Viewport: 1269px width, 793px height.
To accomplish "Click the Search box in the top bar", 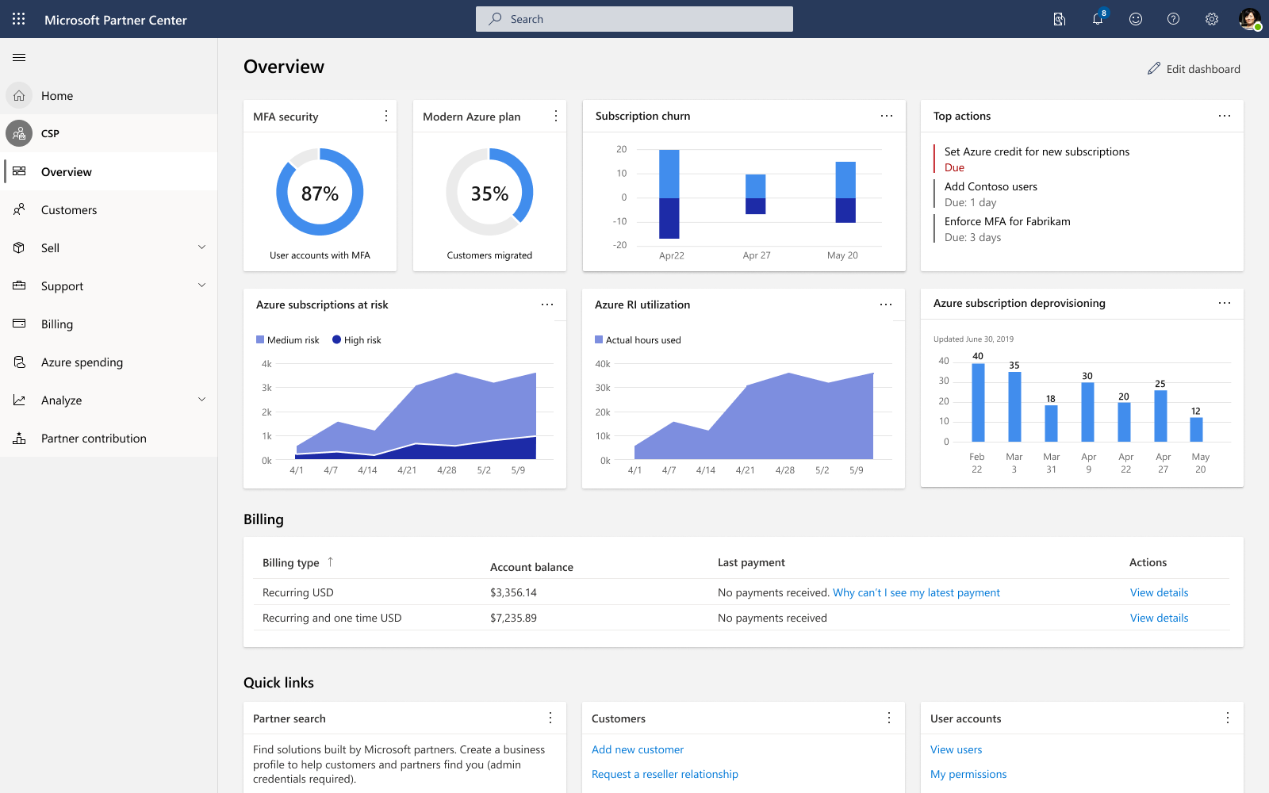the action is point(634,19).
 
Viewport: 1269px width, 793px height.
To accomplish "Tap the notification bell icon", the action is point(1098,19).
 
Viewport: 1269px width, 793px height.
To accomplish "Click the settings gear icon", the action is point(1211,19).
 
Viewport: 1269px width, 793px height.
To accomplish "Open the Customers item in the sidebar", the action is point(68,209).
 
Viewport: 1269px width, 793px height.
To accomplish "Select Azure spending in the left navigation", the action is point(82,362).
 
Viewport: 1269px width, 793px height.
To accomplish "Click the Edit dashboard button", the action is point(1194,68).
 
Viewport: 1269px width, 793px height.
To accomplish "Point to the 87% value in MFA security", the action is point(320,193).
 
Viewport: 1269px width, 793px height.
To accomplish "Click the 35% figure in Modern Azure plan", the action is point(489,193).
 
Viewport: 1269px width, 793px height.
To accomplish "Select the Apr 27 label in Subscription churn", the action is point(757,255).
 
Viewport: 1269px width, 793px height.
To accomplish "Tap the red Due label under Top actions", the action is point(954,167).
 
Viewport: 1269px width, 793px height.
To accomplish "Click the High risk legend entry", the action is point(356,340).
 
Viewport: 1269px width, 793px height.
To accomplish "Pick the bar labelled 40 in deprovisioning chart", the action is point(978,402).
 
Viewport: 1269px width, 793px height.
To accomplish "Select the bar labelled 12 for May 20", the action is point(1196,429).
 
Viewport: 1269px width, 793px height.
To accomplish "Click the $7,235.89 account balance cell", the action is point(513,618).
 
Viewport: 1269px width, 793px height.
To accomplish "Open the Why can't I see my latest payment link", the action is point(916,592).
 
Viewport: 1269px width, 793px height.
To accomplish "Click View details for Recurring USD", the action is point(1159,592).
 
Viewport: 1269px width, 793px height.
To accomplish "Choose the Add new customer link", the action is point(638,749).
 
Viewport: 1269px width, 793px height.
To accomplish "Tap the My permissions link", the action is point(968,774).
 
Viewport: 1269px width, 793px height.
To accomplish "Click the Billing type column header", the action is point(290,562).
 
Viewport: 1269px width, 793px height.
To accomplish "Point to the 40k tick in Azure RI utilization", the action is point(603,364).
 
